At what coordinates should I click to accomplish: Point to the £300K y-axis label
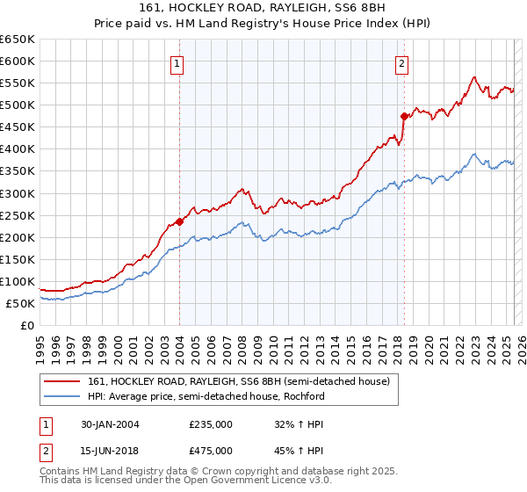click(x=18, y=193)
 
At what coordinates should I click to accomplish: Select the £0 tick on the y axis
click(x=27, y=325)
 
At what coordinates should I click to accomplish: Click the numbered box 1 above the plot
click(x=178, y=64)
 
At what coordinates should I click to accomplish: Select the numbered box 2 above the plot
click(x=401, y=64)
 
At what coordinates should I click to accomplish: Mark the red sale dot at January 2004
click(x=179, y=221)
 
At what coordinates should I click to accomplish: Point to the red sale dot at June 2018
click(x=404, y=115)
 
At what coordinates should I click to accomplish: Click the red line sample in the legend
click(x=63, y=380)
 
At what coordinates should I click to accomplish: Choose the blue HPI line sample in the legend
click(x=63, y=396)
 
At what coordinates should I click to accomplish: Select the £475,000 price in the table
click(x=211, y=450)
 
